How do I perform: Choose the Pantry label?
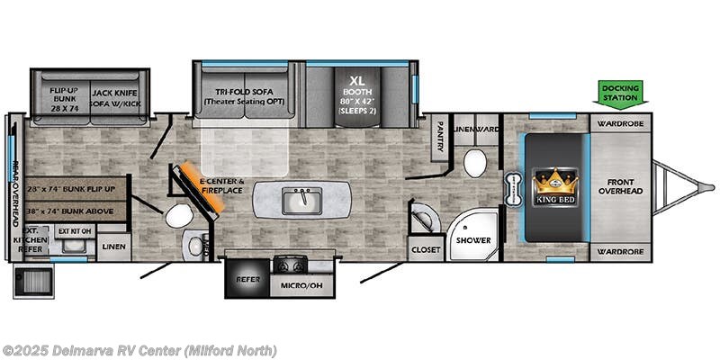(x=440, y=137)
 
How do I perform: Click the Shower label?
(x=472, y=240)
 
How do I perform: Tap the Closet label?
(x=423, y=249)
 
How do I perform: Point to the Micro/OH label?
(x=300, y=285)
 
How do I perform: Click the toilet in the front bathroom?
(x=474, y=164)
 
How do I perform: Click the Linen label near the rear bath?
(x=114, y=246)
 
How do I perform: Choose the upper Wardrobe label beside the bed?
(x=621, y=123)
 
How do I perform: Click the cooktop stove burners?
(x=291, y=265)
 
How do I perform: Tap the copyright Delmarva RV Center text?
(x=139, y=350)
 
